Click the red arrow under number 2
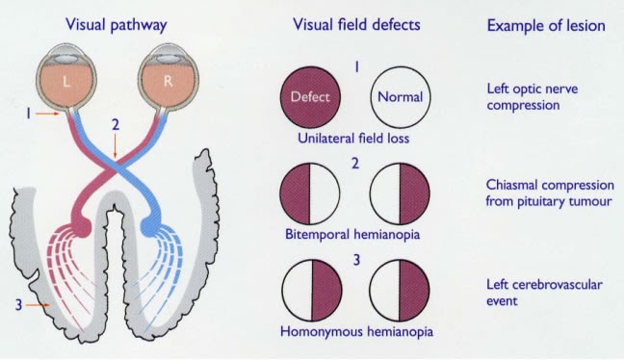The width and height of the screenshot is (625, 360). [115, 147]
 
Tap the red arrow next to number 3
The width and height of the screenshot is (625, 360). [39, 305]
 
